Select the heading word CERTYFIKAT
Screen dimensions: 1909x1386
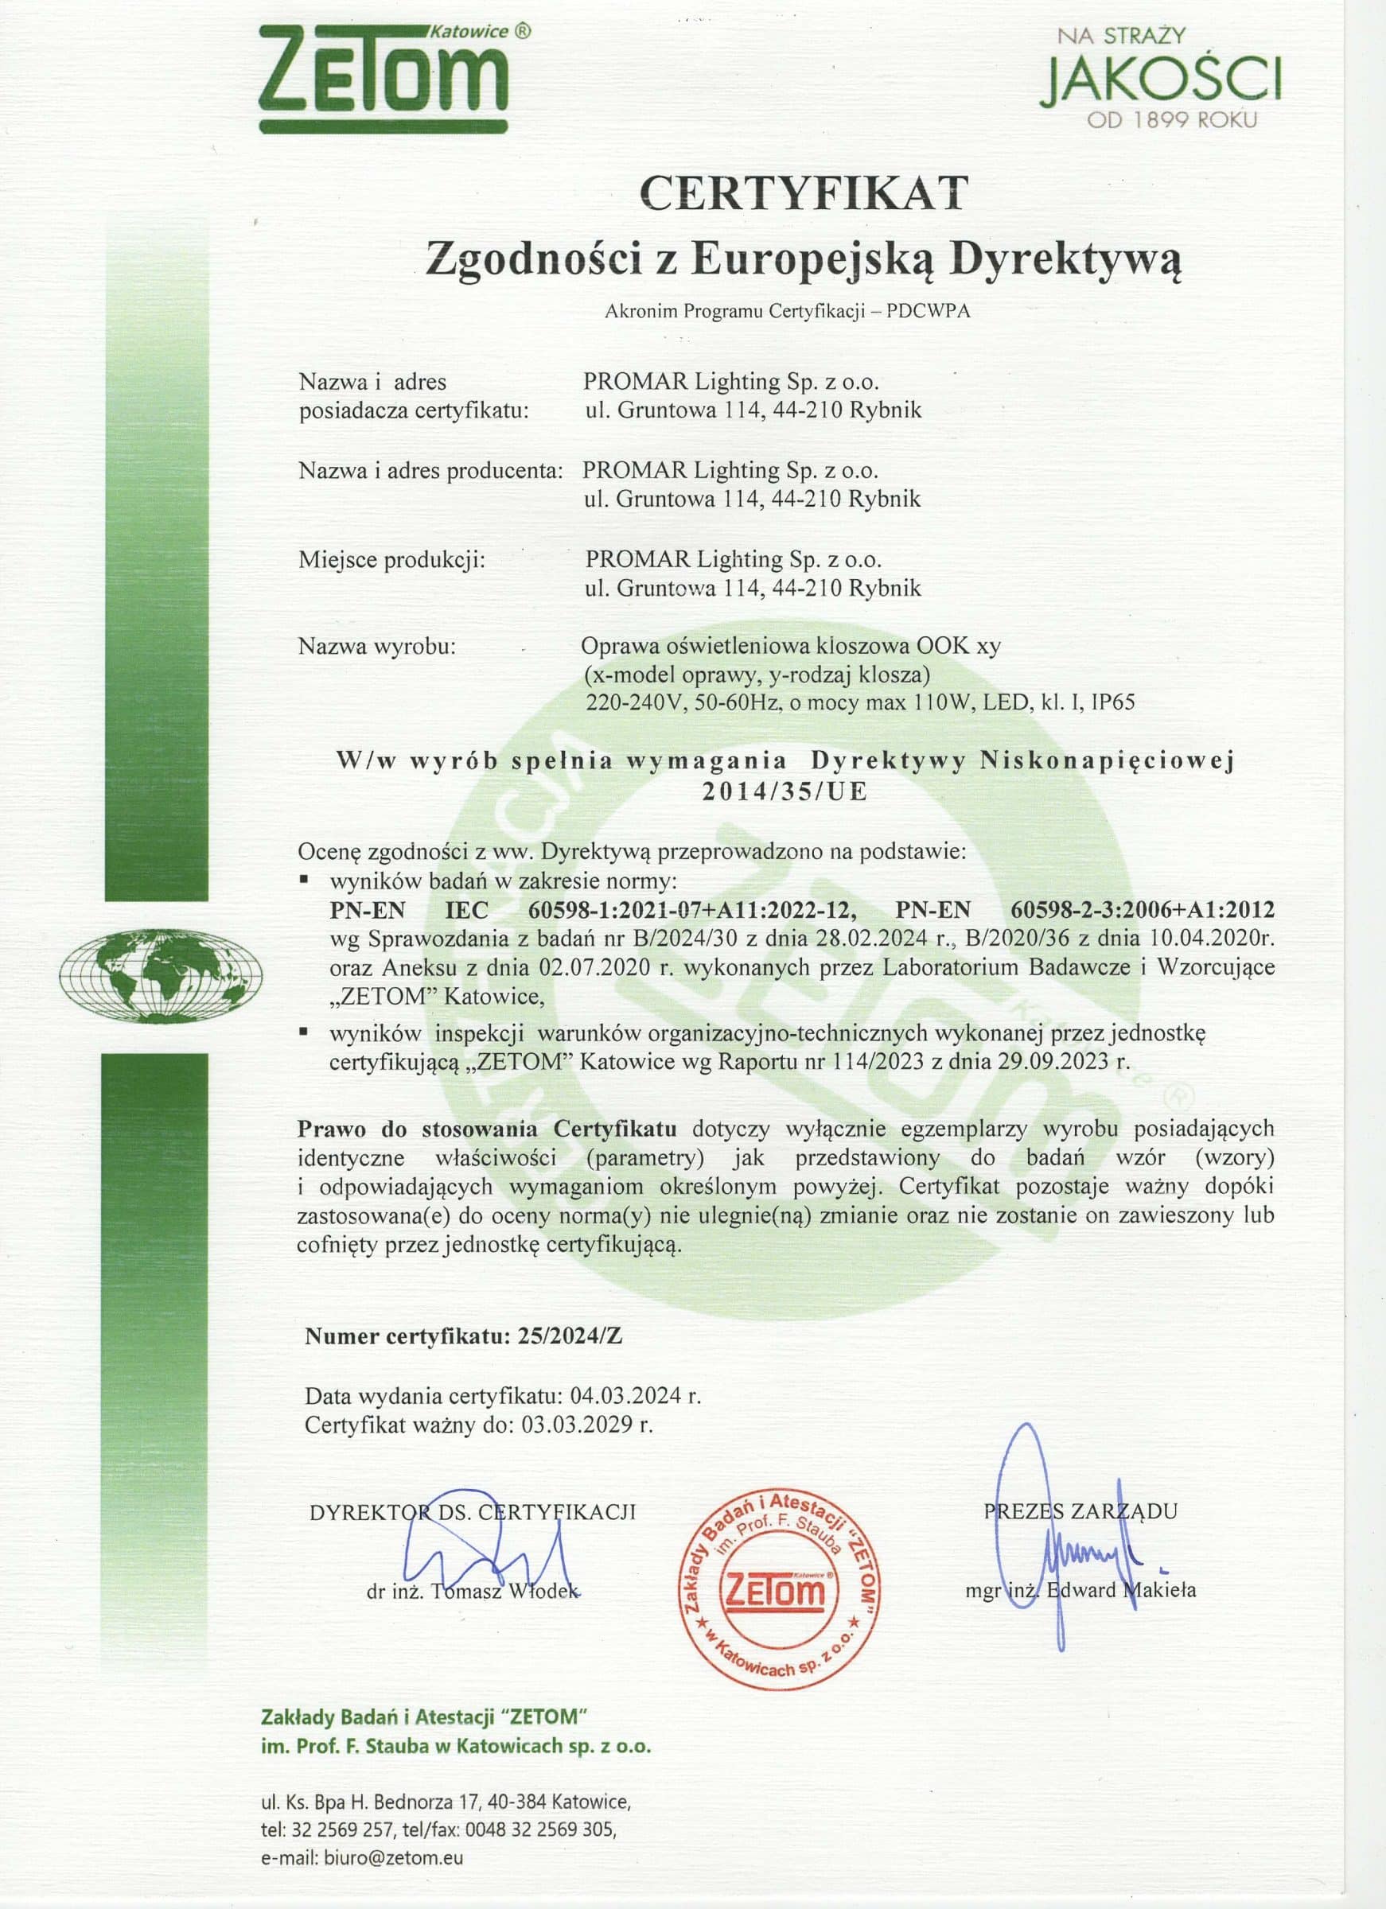pyautogui.click(x=804, y=193)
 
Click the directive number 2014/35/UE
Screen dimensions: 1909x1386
pyautogui.click(x=784, y=792)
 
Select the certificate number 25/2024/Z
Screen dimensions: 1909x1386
pyautogui.click(x=566, y=1336)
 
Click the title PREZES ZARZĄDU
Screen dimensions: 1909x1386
pyautogui.click(x=1080, y=1510)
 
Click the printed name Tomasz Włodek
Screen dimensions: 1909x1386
pyautogui.click(x=504, y=1591)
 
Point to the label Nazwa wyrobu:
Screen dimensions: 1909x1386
pyautogui.click(x=376, y=647)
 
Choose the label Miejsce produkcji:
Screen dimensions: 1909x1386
pyautogui.click(x=391, y=559)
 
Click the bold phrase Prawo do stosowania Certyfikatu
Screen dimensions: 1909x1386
pyautogui.click(x=487, y=1128)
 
